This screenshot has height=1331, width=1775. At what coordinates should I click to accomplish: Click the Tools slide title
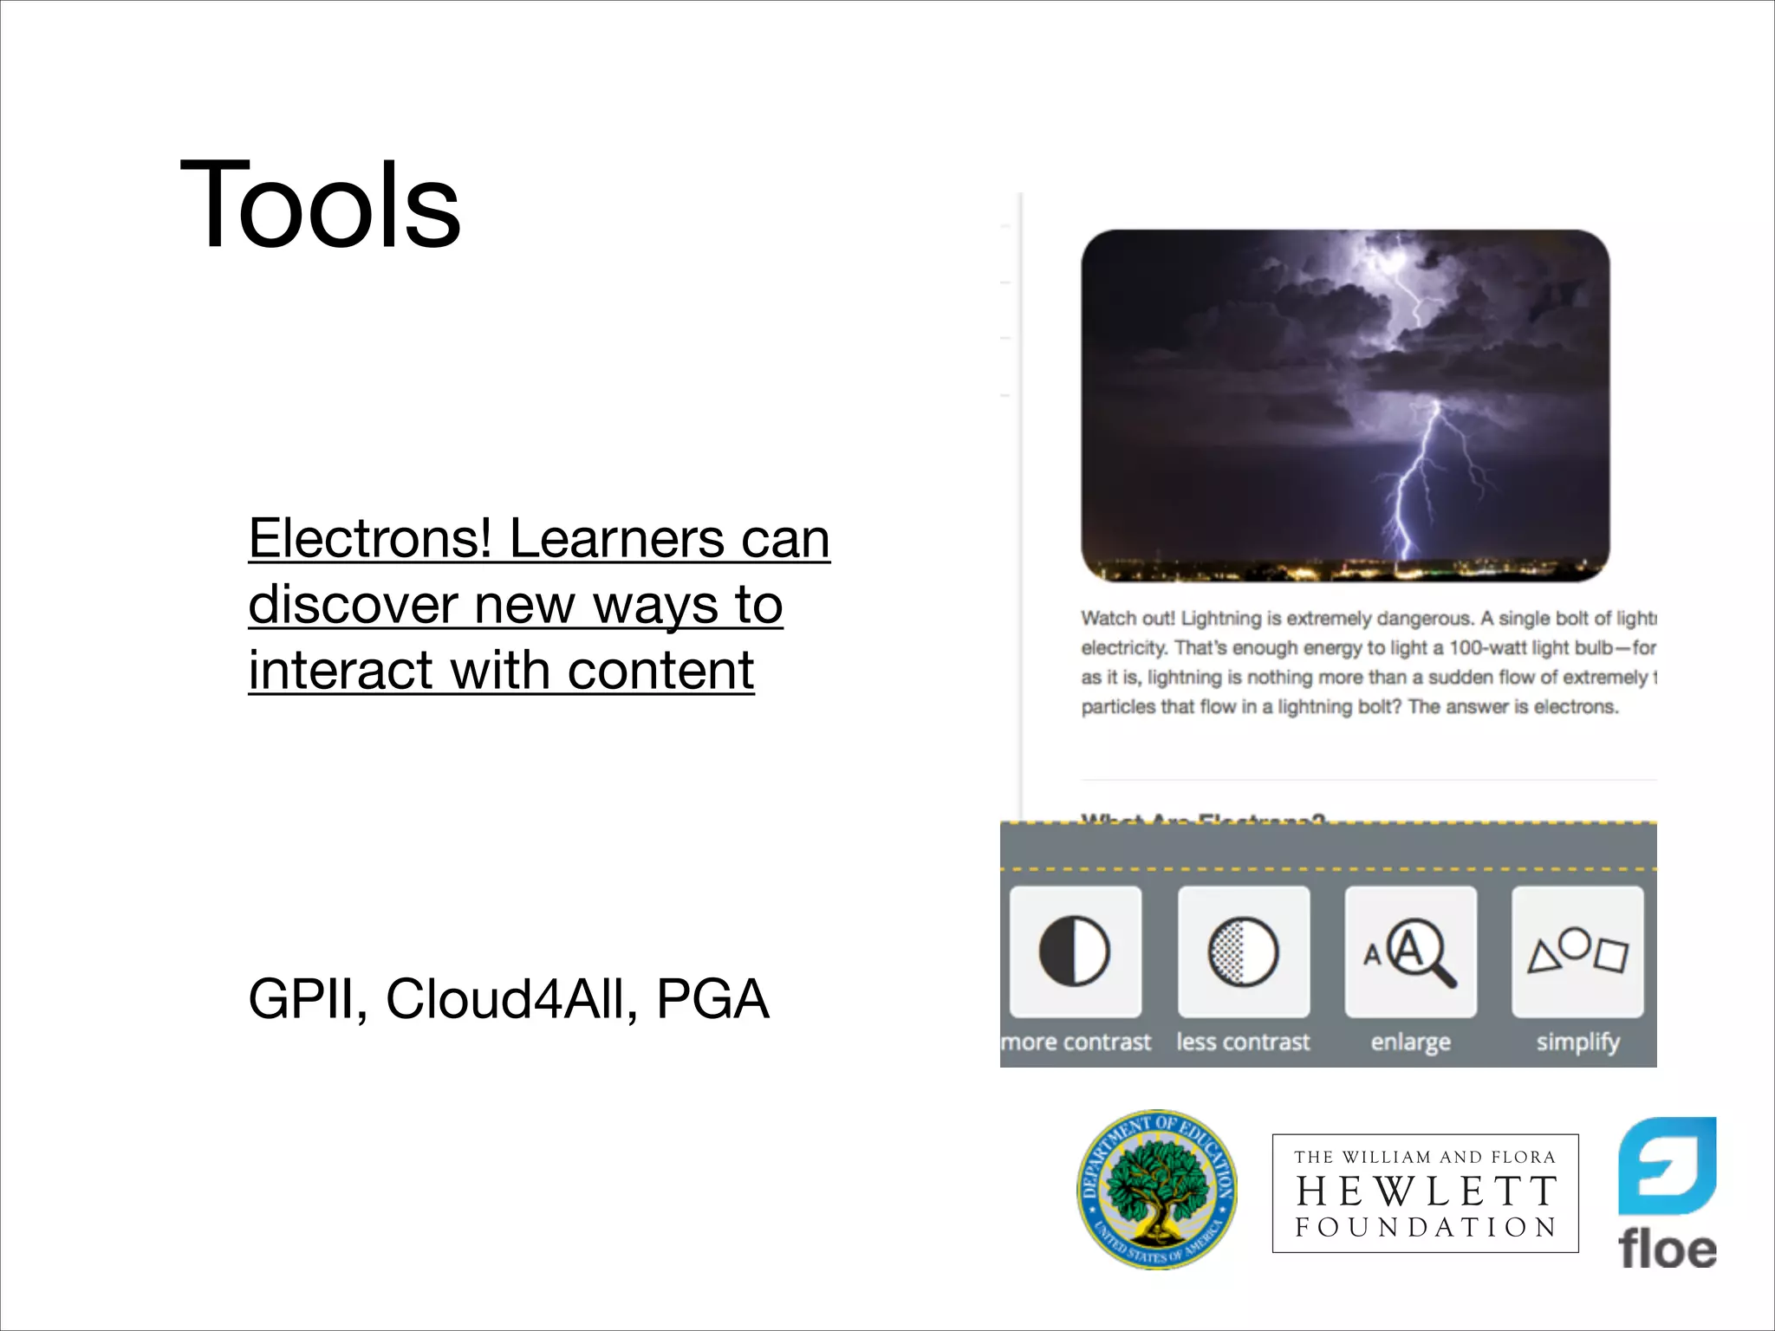(320, 205)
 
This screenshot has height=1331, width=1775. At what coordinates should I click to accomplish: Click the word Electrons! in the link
(370, 539)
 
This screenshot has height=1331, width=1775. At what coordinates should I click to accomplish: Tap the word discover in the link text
(352, 605)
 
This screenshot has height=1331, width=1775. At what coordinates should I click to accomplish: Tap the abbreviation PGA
(712, 999)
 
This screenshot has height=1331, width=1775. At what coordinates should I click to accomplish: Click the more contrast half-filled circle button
(1075, 951)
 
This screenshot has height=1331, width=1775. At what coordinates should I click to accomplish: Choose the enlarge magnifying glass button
(1410, 951)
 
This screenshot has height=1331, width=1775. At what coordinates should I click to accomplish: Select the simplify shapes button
(1577, 951)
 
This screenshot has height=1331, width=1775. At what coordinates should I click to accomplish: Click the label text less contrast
(1243, 1042)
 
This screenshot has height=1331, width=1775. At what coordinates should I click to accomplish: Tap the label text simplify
(1577, 1042)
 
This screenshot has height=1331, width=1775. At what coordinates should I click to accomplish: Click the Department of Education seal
(1157, 1190)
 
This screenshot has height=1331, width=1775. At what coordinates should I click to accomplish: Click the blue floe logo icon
(1667, 1165)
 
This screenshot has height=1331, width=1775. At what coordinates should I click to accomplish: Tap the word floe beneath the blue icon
(1667, 1250)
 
